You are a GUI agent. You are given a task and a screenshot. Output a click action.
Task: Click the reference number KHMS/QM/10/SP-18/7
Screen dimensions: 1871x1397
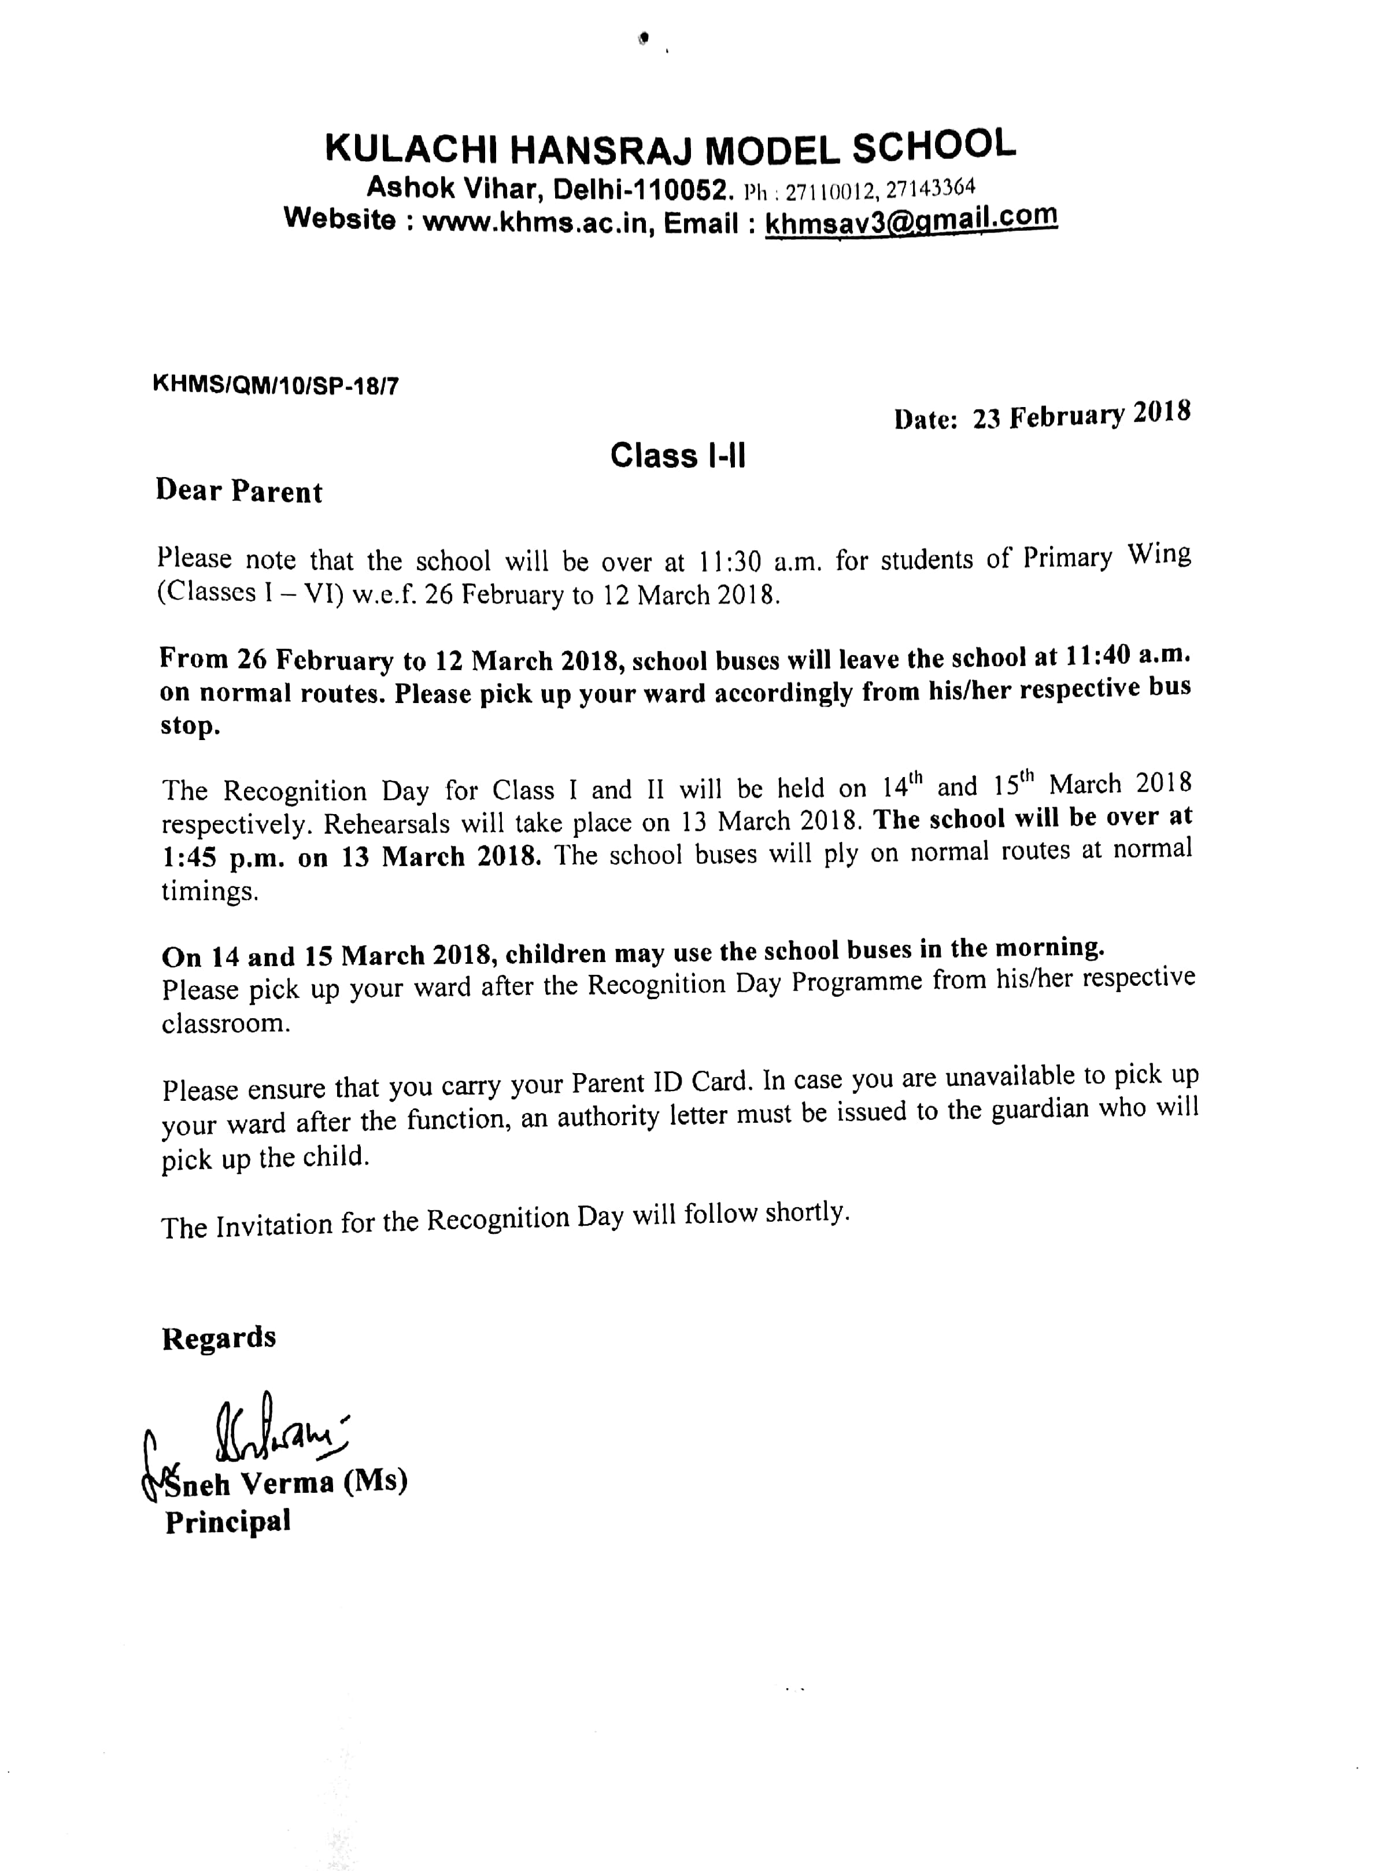tap(276, 386)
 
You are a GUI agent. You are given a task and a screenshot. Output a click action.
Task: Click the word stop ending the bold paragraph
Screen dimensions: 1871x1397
tap(190, 726)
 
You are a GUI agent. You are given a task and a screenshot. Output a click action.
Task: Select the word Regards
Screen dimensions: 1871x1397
tap(219, 1337)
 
